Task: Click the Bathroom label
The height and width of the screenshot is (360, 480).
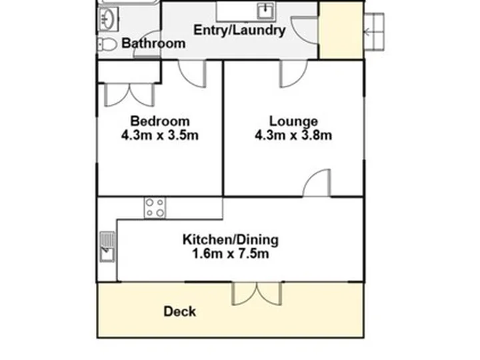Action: tap(153, 43)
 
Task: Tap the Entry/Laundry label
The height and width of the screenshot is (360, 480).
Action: tap(240, 30)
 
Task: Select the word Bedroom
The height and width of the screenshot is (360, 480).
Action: tap(160, 121)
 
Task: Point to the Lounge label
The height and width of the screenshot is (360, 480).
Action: tap(293, 121)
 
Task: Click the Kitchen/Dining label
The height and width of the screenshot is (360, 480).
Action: tap(231, 240)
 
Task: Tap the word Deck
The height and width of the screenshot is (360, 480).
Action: tap(180, 311)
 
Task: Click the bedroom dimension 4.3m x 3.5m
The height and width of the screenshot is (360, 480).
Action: tap(160, 135)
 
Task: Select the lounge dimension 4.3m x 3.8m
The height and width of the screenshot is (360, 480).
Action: tap(293, 135)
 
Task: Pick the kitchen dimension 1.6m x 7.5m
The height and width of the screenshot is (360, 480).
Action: tap(231, 254)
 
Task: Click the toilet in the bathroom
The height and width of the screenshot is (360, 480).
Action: tap(107, 45)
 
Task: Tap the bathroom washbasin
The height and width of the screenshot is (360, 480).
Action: tap(108, 19)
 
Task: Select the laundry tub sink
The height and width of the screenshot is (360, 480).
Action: tap(265, 11)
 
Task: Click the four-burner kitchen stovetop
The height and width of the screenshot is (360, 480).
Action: tap(155, 208)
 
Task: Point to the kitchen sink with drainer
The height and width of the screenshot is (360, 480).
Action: tap(107, 247)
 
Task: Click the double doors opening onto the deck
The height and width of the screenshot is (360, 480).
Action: tap(257, 294)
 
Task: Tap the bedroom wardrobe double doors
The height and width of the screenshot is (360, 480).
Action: tap(129, 95)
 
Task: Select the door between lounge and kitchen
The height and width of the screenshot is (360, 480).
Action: tap(317, 183)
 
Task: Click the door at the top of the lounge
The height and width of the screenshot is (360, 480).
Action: tap(294, 74)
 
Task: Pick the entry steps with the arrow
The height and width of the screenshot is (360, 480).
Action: tap(374, 31)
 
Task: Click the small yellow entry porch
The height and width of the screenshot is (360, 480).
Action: tap(341, 30)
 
